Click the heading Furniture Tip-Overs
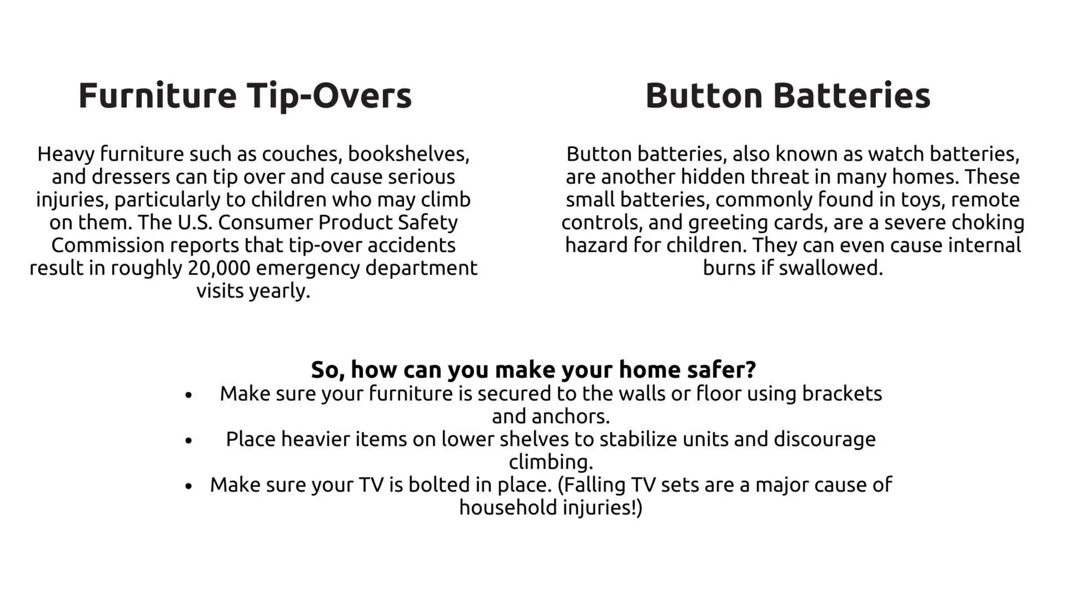[245, 96]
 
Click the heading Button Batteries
[787, 96]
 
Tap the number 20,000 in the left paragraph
[219, 268]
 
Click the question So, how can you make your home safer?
[533, 369]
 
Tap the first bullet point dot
[189, 395]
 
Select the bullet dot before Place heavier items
[189, 441]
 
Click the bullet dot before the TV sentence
[189, 486]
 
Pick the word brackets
[841, 394]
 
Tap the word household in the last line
[500, 508]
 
